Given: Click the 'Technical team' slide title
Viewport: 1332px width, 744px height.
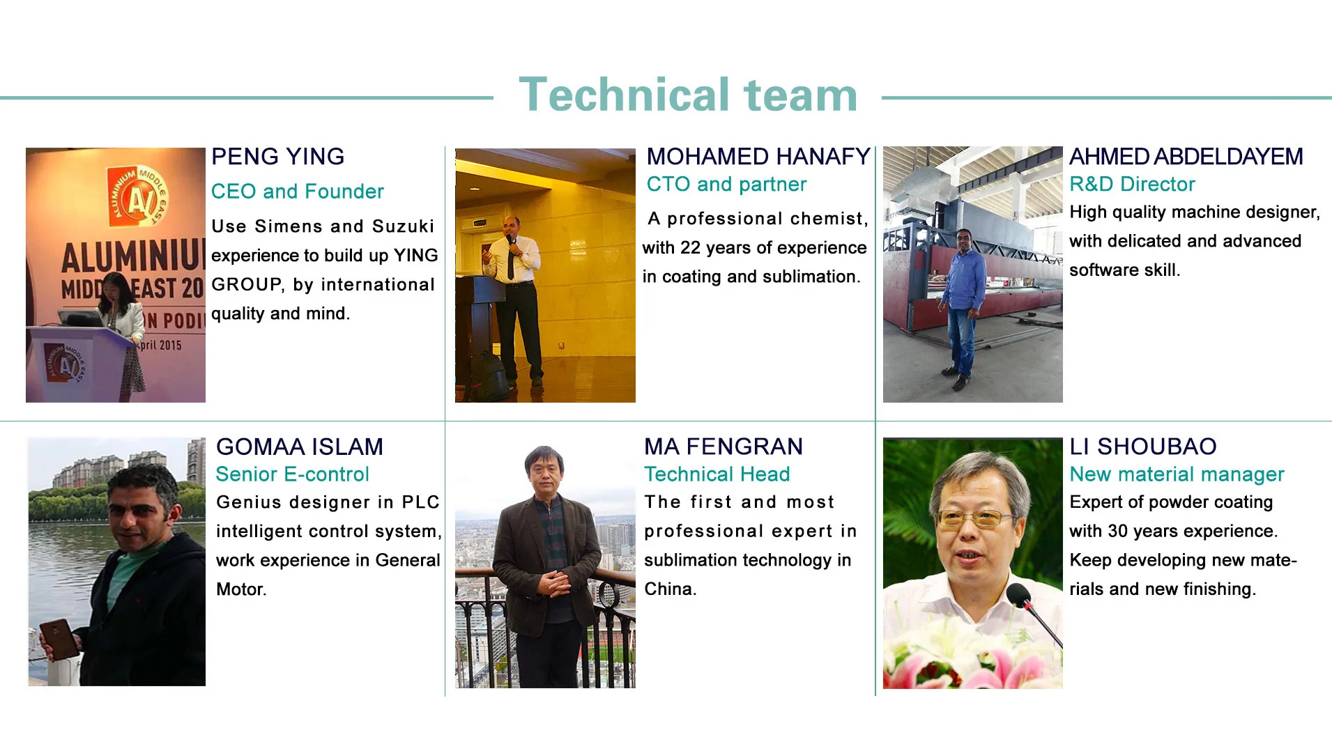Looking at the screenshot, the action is (688, 95).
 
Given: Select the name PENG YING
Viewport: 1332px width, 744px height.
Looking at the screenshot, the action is (277, 157).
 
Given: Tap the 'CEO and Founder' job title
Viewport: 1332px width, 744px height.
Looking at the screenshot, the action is (298, 192).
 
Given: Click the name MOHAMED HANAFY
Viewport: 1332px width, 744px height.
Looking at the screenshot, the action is (758, 157).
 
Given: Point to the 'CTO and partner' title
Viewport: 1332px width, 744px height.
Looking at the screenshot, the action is (726, 185).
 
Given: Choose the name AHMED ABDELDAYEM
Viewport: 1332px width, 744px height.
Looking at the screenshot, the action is (1186, 157).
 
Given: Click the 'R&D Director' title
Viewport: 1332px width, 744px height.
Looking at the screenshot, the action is (1132, 185).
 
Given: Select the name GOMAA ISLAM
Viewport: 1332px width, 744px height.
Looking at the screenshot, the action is (300, 447).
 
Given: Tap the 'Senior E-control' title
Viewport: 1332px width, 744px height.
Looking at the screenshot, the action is (292, 474).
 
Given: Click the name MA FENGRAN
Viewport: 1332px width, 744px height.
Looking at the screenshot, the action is (724, 447).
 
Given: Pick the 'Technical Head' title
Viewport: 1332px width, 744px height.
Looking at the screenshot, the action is (717, 474).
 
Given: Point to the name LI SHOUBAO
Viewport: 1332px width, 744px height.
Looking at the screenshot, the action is (1143, 447).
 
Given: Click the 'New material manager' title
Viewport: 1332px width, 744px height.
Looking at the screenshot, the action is (1177, 474).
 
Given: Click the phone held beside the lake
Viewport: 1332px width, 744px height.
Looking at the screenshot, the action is (59, 640).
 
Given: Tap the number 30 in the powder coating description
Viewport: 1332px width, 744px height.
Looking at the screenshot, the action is (1118, 532).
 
